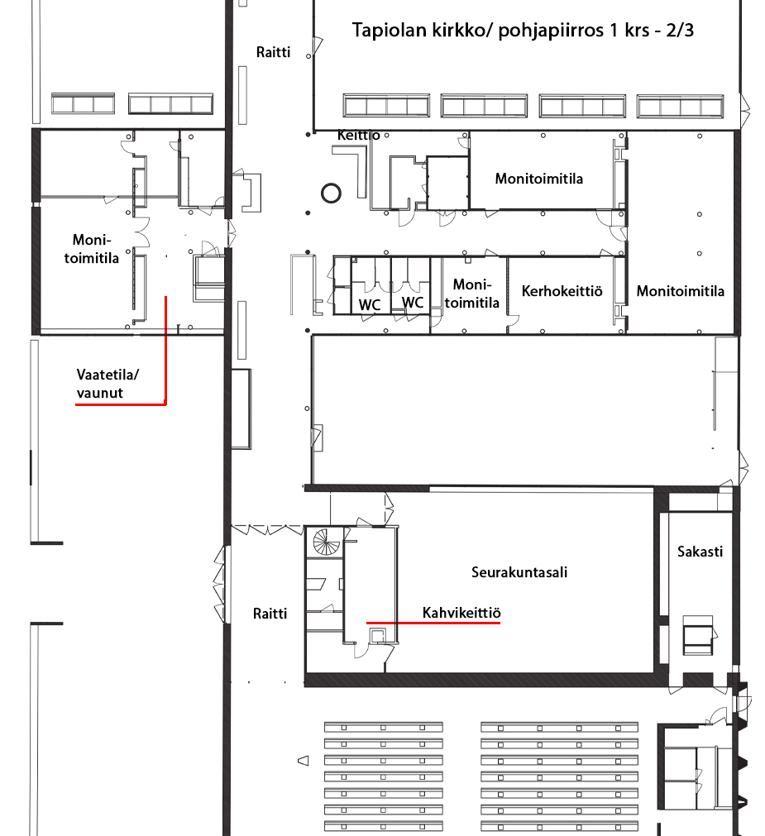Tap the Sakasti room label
click(x=700, y=552)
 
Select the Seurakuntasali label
click(x=519, y=572)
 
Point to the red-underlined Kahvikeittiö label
click(x=461, y=613)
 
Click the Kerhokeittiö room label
click(x=562, y=291)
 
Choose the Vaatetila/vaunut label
click(x=108, y=384)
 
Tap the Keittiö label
click(x=359, y=135)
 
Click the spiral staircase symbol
click(x=326, y=542)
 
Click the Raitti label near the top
click(x=274, y=52)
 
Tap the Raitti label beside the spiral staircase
click(x=270, y=614)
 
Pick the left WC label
click(x=370, y=305)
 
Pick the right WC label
click(x=413, y=303)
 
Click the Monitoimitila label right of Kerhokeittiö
click(x=681, y=291)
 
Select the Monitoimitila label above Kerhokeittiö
click(x=539, y=179)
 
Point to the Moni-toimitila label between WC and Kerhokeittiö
click(x=471, y=294)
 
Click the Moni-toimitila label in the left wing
click(x=92, y=249)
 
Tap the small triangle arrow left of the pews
click(x=304, y=761)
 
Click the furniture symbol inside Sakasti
click(x=698, y=634)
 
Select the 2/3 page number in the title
click(x=680, y=30)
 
